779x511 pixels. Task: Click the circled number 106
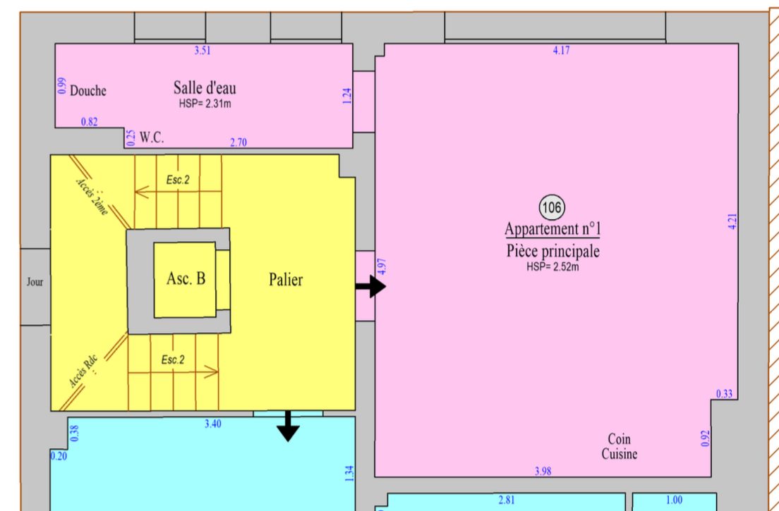click(x=552, y=207)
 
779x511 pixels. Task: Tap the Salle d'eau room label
click(x=205, y=88)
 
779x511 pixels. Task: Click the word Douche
click(x=88, y=91)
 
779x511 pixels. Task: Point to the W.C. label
click(x=152, y=138)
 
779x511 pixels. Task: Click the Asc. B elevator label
click(x=186, y=279)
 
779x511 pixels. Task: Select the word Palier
click(x=286, y=280)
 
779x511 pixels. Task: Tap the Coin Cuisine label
click(x=619, y=447)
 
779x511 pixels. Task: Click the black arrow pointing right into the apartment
click(x=370, y=286)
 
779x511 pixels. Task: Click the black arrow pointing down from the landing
click(x=287, y=426)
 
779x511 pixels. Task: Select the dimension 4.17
click(x=562, y=51)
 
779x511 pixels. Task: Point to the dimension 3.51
click(x=203, y=50)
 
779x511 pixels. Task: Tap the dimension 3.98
click(x=543, y=471)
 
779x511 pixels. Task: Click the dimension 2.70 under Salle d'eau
click(x=238, y=143)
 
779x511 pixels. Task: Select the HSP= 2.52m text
click(x=552, y=267)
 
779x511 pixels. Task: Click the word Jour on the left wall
click(x=35, y=282)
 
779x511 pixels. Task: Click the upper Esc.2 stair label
click(x=178, y=180)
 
